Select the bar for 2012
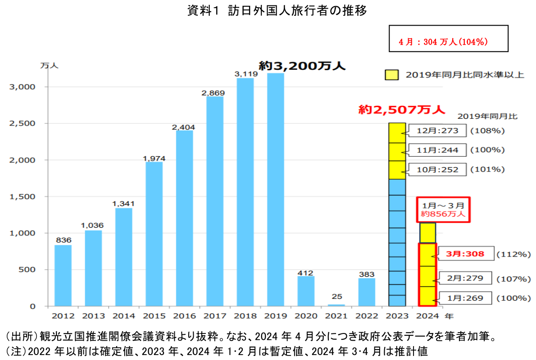coord(63,275)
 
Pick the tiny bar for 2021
coord(336,305)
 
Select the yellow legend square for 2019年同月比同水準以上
coord(391,75)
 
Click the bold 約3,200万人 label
coord(302,66)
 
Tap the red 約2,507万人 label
coord(401,109)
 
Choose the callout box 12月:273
coord(437,131)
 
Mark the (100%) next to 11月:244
coord(487,150)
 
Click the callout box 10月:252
coord(437,170)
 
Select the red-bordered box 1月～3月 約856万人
coord(443,209)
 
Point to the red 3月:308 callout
coord(465,254)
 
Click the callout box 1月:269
coord(465,298)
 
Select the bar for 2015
coord(154,234)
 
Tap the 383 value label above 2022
coord(367,274)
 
